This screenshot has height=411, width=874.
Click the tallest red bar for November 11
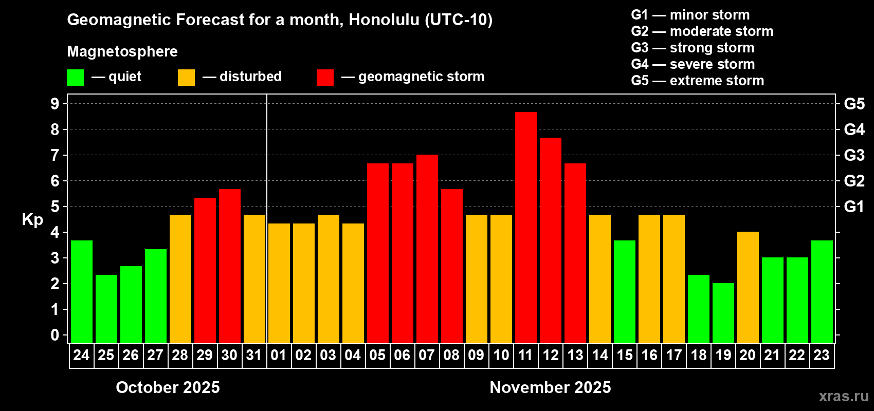click(x=525, y=228)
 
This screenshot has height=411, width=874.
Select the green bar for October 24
click(x=82, y=292)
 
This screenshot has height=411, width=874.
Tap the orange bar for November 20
click(x=748, y=287)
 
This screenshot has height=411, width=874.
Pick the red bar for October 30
click(x=230, y=266)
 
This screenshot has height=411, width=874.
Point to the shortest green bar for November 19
click(x=723, y=313)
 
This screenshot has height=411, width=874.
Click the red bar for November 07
click(x=427, y=249)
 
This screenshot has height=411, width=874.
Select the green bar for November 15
click(x=625, y=292)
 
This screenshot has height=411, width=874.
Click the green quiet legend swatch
click(x=75, y=77)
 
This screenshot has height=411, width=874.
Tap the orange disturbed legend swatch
click(x=187, y=77)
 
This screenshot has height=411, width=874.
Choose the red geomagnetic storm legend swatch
click(x=325, y=77)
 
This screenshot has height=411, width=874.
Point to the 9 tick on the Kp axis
click(x=54, y=104)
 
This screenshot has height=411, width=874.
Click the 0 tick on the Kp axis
click(x=54, y=335)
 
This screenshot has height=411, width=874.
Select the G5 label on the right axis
click(x=854, y=104)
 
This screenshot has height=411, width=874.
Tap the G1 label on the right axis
click(x=854, y=207)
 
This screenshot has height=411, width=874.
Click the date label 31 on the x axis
click(x=254, y=355)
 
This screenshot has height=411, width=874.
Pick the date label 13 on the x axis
click(x=575, y=355)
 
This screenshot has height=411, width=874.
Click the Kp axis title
click(x=32, y=220)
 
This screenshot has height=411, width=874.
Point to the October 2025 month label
click(x=168, y=387)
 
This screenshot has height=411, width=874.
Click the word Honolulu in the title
click(x=384, y=20)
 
